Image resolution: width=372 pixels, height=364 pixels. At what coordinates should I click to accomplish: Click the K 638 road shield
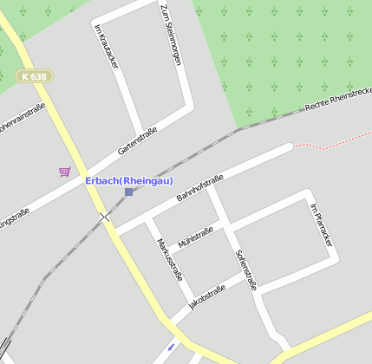[x=35, y=76]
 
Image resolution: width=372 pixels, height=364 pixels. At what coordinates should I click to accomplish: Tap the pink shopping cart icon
[x=64, y=172]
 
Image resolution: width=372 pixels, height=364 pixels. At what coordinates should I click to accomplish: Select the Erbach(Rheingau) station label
[x=129, y=180]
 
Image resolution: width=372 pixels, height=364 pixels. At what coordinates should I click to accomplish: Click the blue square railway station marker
[x=128, y=192]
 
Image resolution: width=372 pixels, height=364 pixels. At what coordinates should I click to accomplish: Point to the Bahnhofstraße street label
[x=199, y=188]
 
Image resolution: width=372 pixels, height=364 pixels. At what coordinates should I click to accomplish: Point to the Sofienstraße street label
[x=246, y=269]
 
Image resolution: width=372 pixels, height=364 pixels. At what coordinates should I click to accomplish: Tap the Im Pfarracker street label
[x=321, y=224]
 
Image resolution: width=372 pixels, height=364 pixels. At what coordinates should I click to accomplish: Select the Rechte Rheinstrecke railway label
[x=338, y=99]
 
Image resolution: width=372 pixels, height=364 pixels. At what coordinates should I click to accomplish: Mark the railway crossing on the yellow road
[x=105, y=216]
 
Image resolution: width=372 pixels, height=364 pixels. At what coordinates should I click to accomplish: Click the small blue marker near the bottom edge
[x=171, y=347]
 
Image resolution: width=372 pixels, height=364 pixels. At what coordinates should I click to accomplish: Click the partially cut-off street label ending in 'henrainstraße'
[x=22, y=120]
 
